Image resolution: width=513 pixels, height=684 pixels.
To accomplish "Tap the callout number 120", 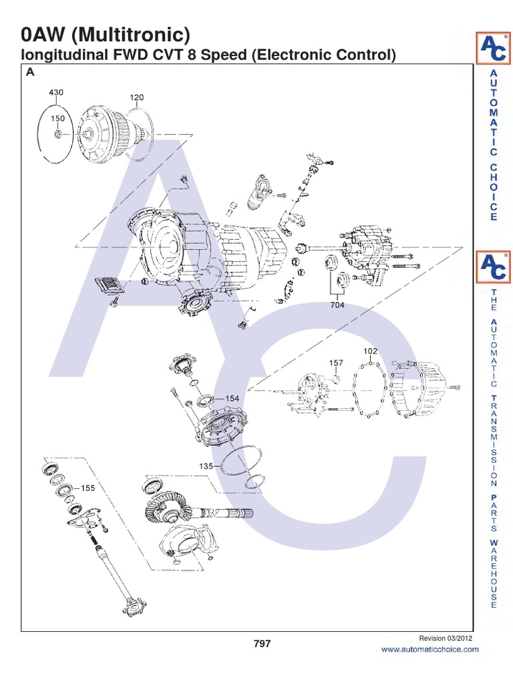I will (x=136, y=98).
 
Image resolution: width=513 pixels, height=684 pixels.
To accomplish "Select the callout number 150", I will (x=58, y=118).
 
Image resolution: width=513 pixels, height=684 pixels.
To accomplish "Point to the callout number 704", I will (x=337, y=305).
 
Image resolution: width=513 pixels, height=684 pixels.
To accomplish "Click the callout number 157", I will (x=336, y=363).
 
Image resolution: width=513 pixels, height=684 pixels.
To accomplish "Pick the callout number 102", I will (x=370, y=351).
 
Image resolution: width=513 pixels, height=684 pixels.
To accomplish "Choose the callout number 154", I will (x=232, y=398).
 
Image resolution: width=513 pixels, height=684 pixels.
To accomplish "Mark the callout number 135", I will (x=205, y=466).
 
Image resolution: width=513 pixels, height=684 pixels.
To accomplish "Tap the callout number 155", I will (x=88, y=488).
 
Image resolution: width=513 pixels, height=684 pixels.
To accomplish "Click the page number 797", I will (x=262, y=644).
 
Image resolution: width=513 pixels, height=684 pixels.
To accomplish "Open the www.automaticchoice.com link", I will (x=430, y=649).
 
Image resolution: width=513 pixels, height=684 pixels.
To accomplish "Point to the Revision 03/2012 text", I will (x=446, y=638).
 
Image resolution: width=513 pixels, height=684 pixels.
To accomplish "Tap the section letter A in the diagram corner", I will (x=29, y=73).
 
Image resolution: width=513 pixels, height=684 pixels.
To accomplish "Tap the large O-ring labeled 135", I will (x=238, y=464).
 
